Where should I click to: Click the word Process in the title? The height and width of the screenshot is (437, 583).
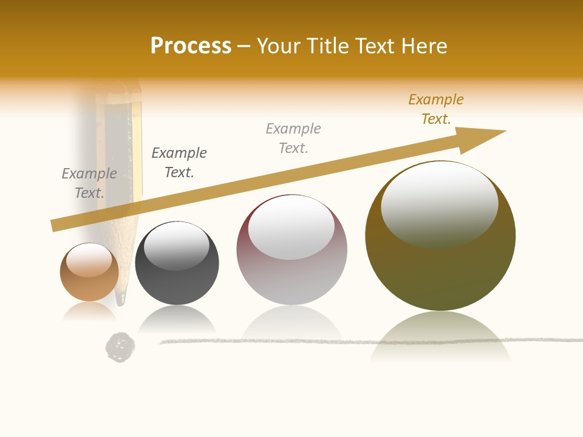(191, 46)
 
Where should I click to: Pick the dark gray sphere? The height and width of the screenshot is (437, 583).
(177, 263)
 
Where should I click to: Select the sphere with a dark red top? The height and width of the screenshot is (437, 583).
(291, 249)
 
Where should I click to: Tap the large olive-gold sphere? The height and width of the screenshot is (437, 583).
(440, 236)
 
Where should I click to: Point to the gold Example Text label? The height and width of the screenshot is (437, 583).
(435, 109)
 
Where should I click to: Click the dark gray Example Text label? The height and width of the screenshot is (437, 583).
(179, 163)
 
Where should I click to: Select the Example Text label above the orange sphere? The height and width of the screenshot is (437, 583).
(89, 183)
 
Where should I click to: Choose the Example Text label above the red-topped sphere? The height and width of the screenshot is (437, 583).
(293, 138)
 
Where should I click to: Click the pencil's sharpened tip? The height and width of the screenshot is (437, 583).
(121, 297)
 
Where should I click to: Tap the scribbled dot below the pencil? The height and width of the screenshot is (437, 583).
(120, 347)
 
